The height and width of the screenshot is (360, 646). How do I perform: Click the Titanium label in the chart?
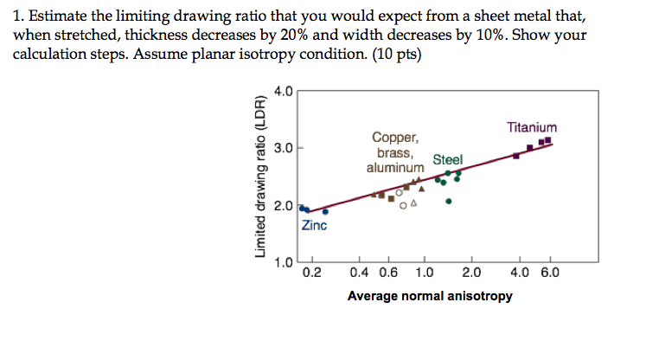point(532,126)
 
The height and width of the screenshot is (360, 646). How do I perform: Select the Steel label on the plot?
point(447,159)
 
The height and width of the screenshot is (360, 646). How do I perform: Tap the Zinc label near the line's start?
point(314,226)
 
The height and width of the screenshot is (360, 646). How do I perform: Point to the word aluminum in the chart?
point(395,167)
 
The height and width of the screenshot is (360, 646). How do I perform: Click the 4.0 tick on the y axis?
point(283,91)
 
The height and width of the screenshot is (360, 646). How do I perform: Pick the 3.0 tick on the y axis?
point(283,148)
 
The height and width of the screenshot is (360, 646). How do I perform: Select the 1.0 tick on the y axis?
point(283,263)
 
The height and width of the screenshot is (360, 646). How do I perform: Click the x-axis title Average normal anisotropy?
point(430,297)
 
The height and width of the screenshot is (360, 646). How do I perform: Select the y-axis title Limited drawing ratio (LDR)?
point(259,174)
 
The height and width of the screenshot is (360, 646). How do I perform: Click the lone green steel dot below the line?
point(449,201)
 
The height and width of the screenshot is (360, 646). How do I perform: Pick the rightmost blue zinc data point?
point(325,211)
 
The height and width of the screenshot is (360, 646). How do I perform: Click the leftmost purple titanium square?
point(516,155)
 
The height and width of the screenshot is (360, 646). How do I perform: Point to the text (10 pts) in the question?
point(385,53)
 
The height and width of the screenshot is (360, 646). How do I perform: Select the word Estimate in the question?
point(55,17)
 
